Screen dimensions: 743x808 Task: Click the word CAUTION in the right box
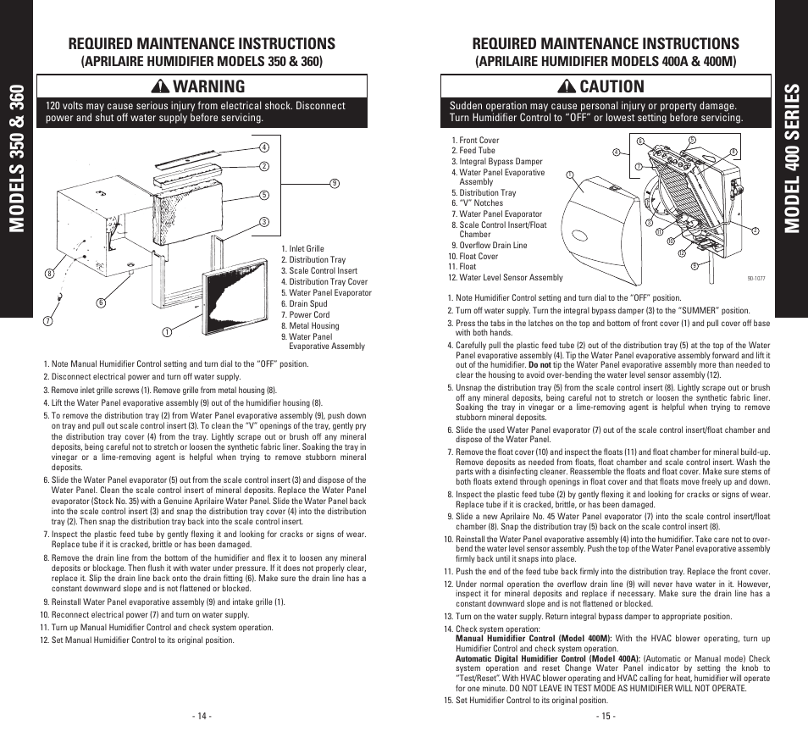point(609,86)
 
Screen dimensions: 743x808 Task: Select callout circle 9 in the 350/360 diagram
point(335,182)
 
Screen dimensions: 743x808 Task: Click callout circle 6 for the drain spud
point(100,302)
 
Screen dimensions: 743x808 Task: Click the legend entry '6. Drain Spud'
point(307,303)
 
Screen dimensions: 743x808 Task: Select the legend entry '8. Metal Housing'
point(313,325)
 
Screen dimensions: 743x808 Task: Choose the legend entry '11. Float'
point(462,266)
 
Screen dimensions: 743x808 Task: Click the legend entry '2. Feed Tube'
point(473,151)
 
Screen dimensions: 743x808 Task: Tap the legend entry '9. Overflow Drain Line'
point(489,246)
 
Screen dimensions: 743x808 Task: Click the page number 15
point(606,716)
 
